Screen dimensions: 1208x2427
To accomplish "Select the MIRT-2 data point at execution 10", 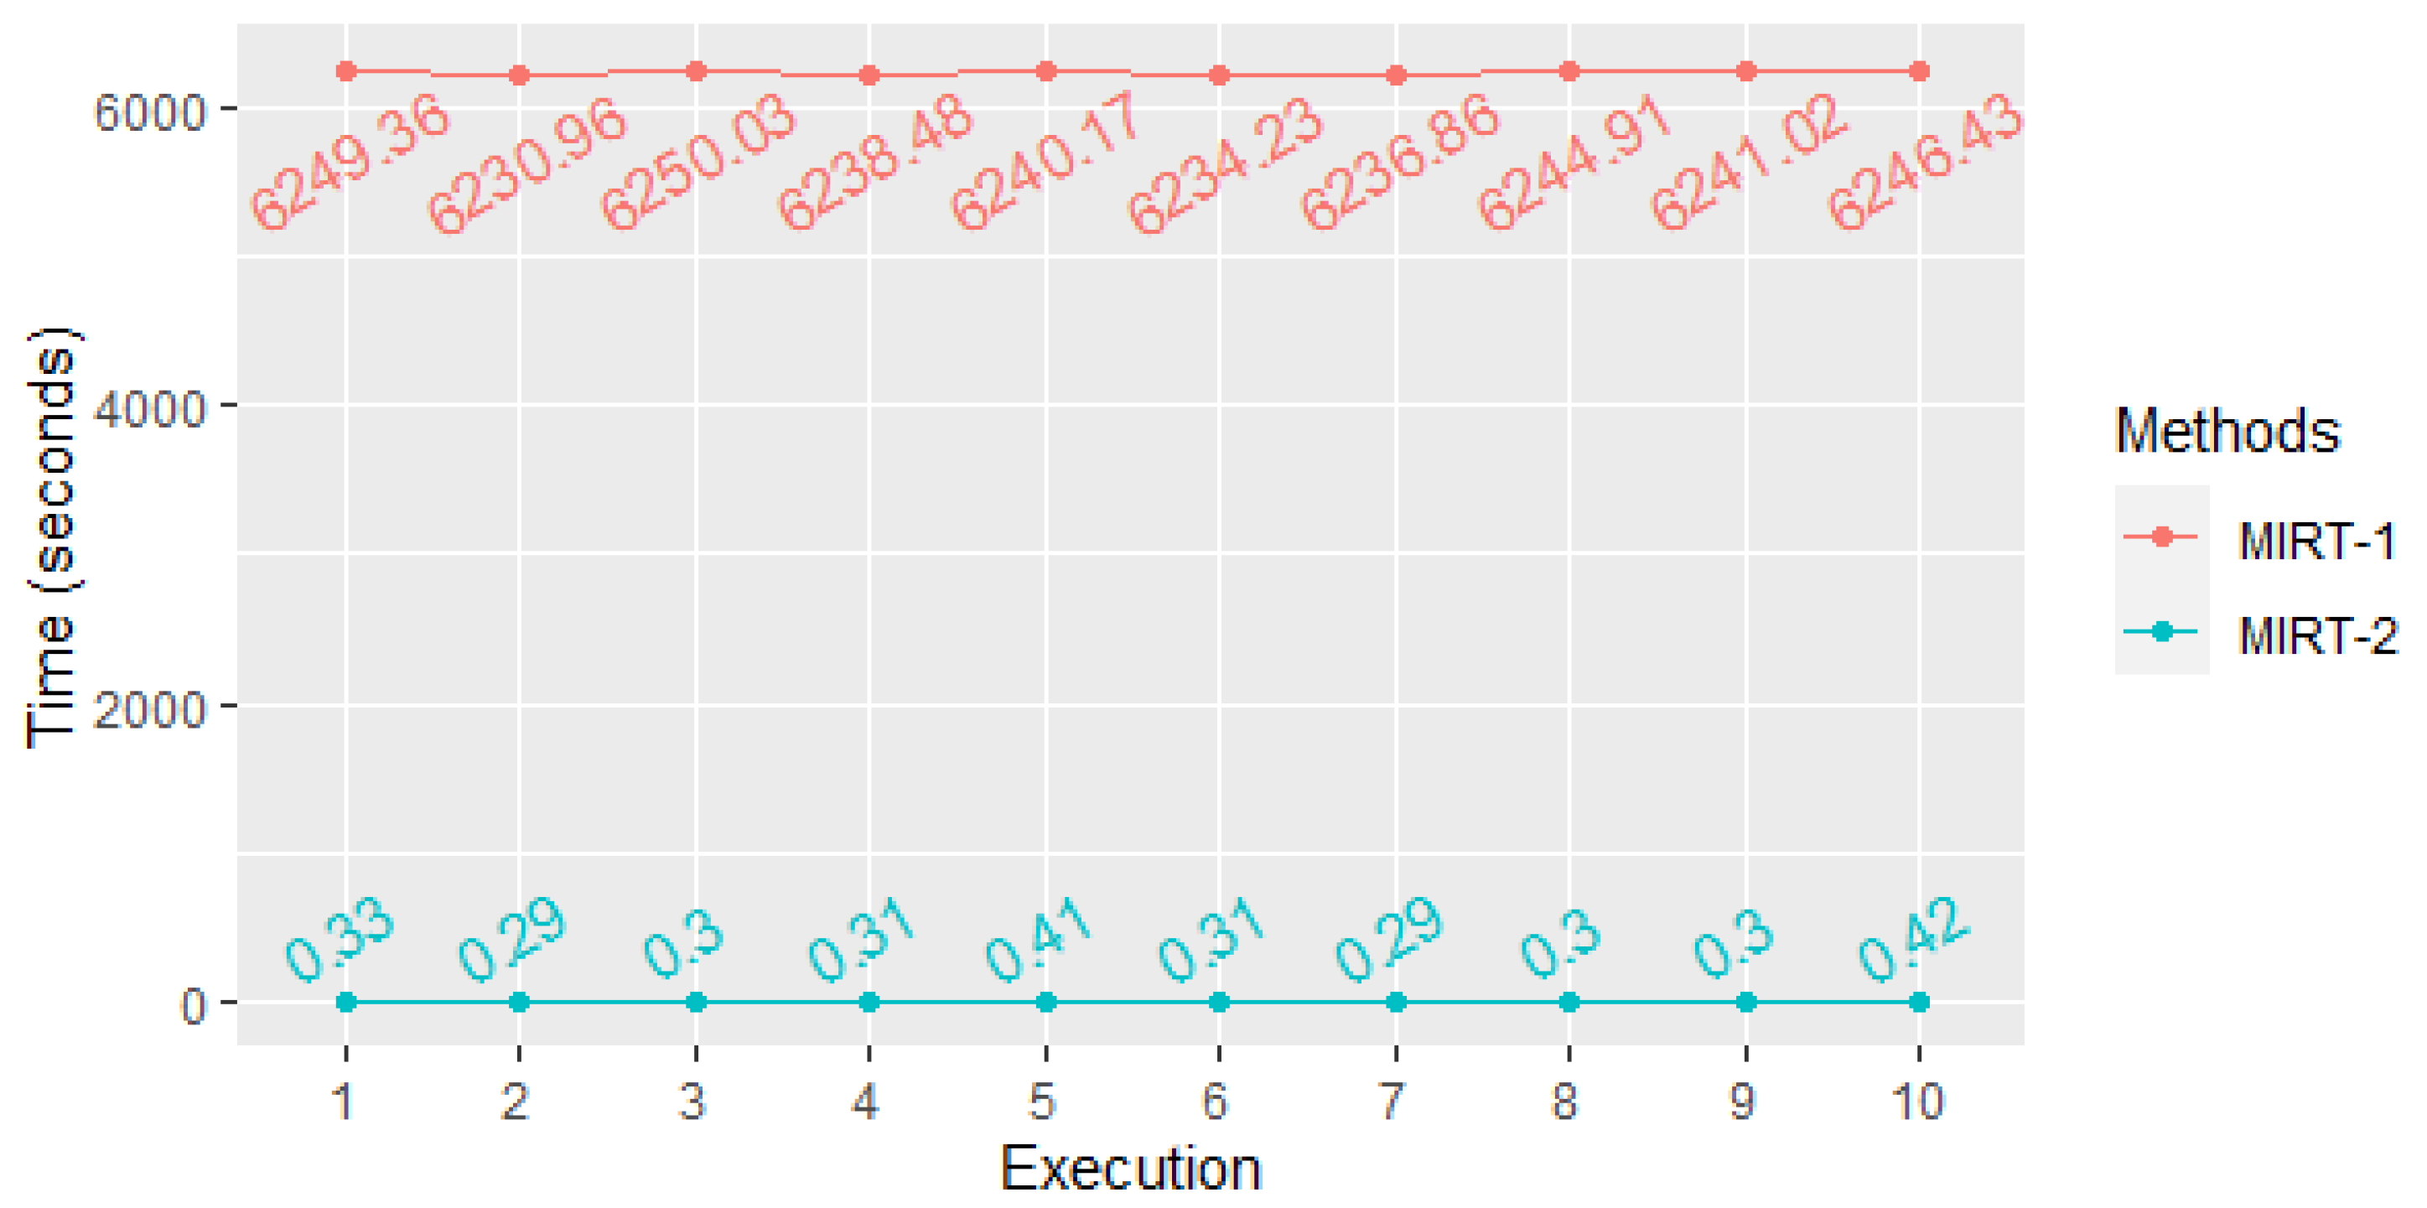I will pos(1918,1002).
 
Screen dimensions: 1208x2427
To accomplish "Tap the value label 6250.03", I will pos(698,162).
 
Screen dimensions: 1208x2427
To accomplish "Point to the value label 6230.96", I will pos(526,166).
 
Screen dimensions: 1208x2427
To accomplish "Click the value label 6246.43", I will pos(1924,162).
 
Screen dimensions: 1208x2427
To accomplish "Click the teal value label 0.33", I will pos(340,940).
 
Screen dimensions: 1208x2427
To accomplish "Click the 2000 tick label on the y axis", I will pos(149,708).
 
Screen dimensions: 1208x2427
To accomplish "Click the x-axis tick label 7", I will pos(1392,1101).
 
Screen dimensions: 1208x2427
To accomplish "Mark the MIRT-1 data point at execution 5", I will pos(1045,70).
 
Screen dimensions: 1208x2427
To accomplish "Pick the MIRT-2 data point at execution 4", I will pos(869,1002).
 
